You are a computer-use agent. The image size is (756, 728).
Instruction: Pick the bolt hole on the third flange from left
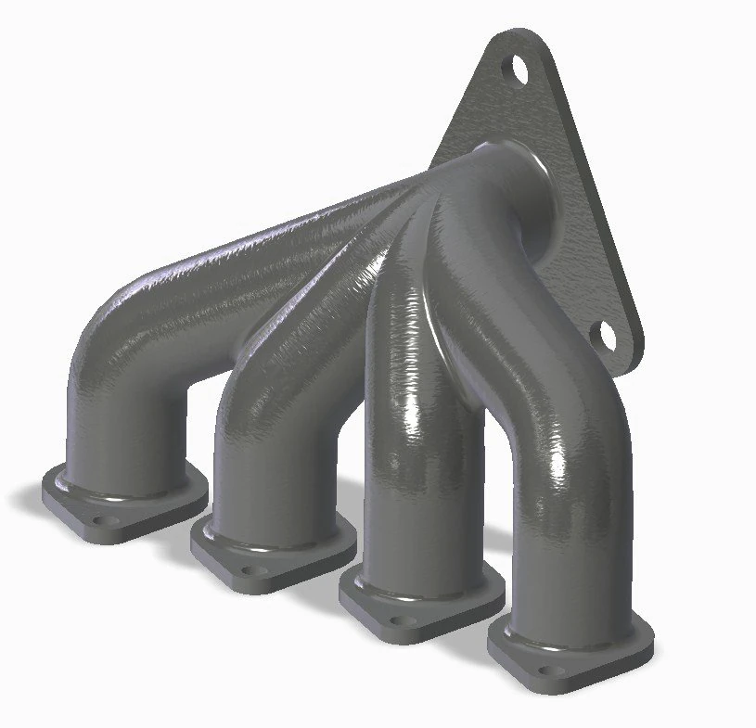pyautogui.click(x=401, y=620)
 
